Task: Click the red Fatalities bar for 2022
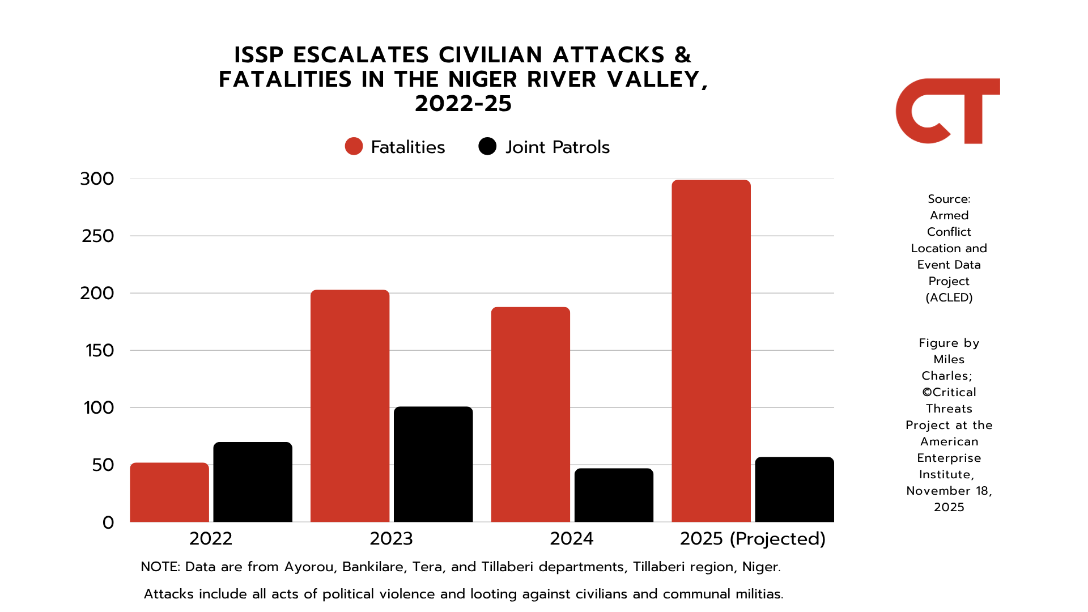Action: click(x=169, y=492)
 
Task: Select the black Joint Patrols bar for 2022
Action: click(x=253, y=482)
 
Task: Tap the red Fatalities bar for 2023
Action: click(x=350, y=406)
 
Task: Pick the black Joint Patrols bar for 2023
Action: click(x=433, y=464)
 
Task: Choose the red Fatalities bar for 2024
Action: click(x=530, y=414)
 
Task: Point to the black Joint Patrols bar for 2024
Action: click(x=614, y=495)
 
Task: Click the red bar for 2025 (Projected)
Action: click(x=711, y=351)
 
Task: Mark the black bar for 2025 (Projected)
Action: click(x=794, y=490)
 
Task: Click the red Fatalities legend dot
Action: click(x=354, y=146)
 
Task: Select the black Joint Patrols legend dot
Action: click(x=487, y=146)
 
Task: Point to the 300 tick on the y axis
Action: click(x=97, y=179)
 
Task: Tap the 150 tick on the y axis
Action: click(x=100, y=351)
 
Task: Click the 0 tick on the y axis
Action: click(x=108, y=522)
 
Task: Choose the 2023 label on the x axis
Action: click(x=391, y=538)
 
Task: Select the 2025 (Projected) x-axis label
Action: click(x=753, y=538)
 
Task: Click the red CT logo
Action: click(x=947, y=111)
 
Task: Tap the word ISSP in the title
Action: click(x=259, y=55)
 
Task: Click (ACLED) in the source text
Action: click(x=949, y=297)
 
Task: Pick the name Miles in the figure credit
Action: click(x=949, y=359)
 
